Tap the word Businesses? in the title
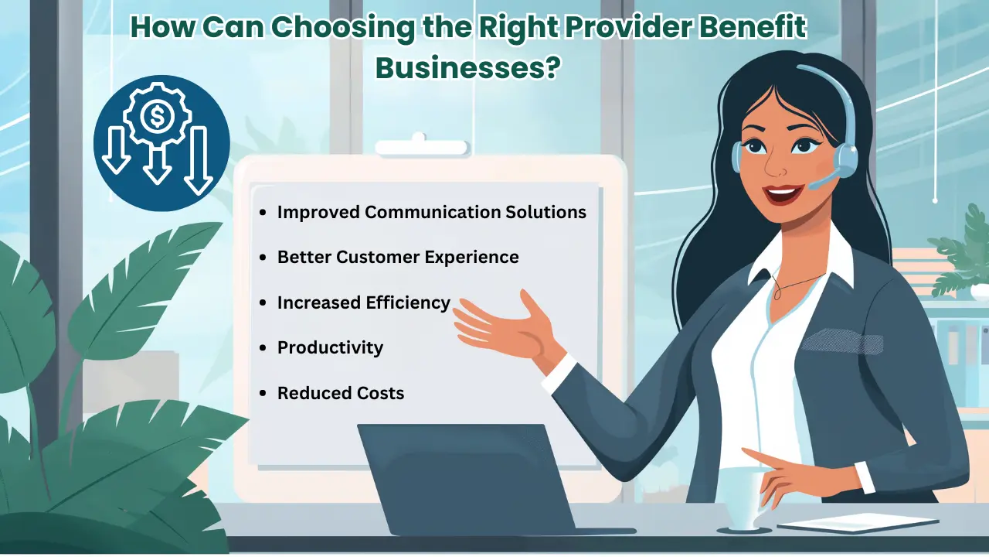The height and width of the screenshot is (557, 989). [x=467, y=68]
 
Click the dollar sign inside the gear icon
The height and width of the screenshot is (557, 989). [x=158, y=118]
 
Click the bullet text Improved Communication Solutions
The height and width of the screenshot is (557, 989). [x=431, y=211]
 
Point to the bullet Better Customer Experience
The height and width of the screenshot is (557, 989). [x=398, y=257]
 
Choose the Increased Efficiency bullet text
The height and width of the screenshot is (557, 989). [x=363, y=302]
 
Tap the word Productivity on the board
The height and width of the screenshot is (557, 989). [x=330, y=347]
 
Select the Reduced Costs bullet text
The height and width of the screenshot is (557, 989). [x=341, y=393]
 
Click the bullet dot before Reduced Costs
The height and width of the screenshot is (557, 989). [x=263, y=394]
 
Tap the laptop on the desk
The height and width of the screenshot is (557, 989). [x=464, y=480]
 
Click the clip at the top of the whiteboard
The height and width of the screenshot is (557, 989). [x=420, y=146]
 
